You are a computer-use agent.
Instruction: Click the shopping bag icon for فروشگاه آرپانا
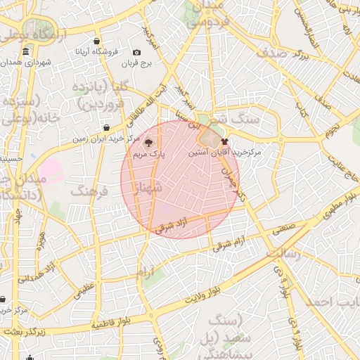point(96,41)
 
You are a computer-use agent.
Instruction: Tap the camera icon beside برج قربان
point(136,53)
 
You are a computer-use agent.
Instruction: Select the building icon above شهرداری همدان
point(26,52)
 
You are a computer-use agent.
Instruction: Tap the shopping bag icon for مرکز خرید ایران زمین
point(106,128)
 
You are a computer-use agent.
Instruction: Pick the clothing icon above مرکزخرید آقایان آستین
point(225,141)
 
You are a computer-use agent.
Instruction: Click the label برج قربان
point(142,64)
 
